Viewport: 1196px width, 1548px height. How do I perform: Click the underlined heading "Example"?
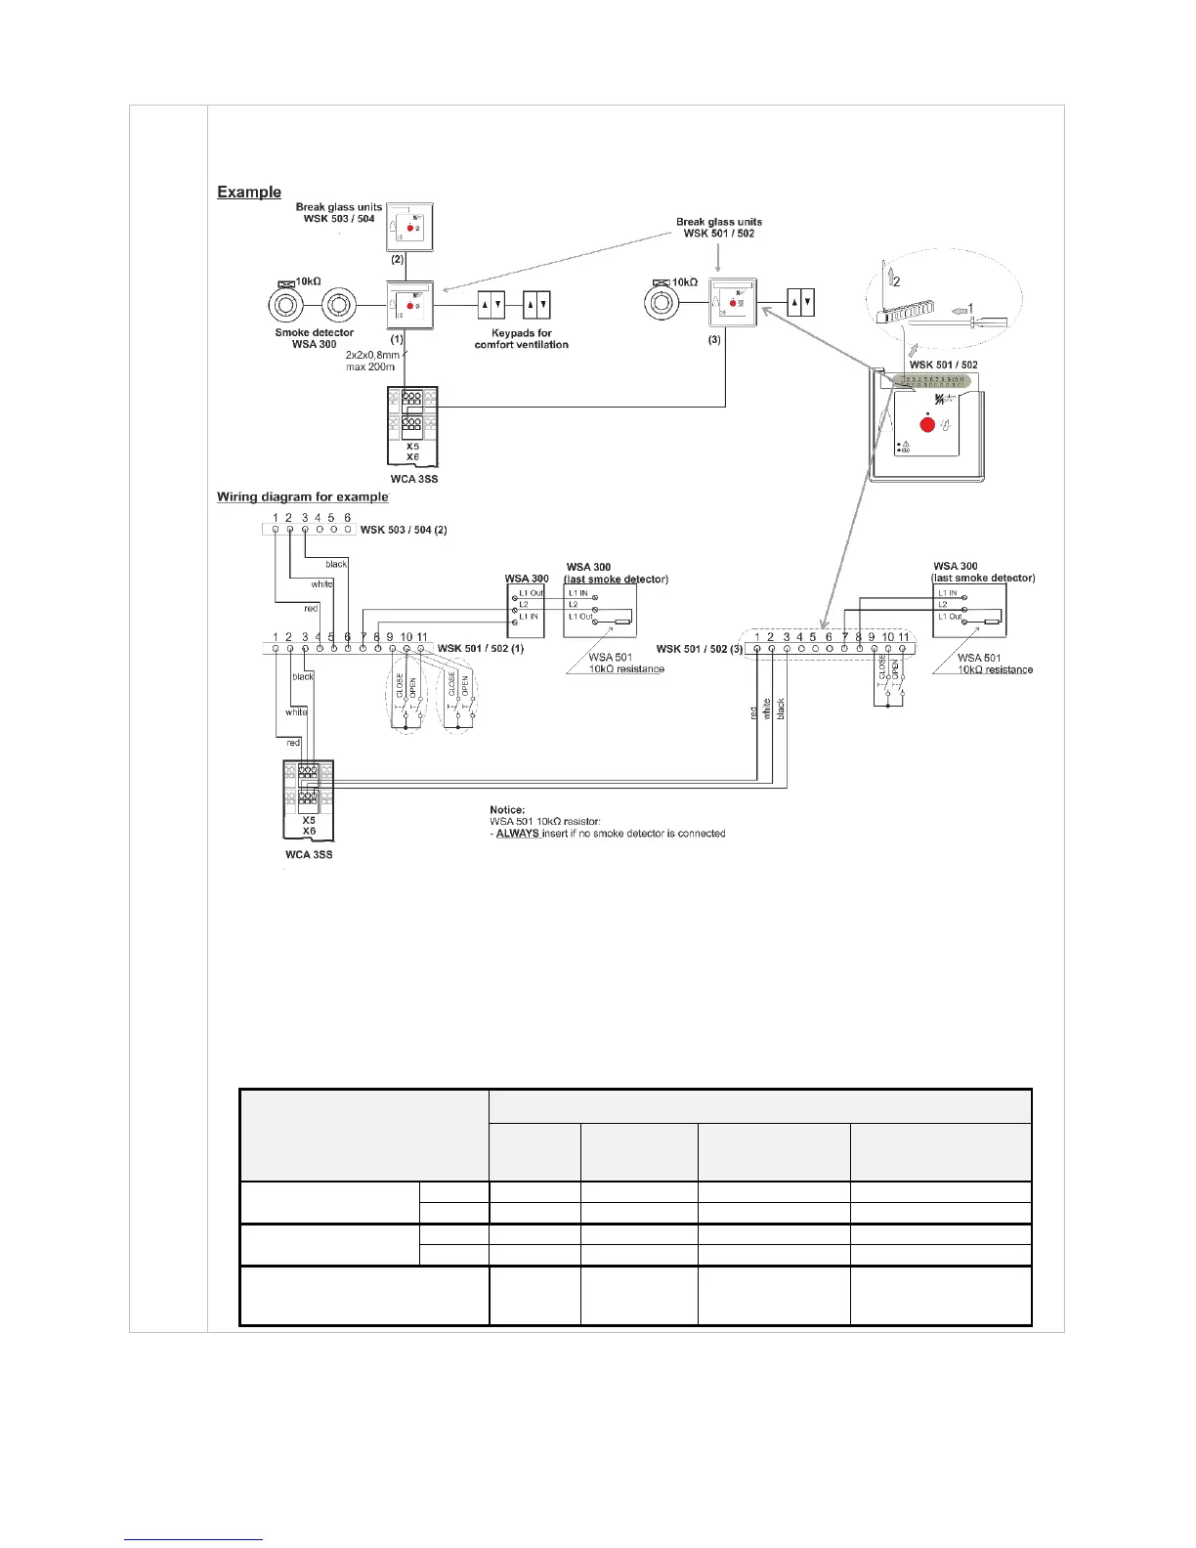point(249,193)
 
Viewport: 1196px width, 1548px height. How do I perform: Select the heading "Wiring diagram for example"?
point(302,497)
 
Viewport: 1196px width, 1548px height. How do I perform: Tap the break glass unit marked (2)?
point(409,227)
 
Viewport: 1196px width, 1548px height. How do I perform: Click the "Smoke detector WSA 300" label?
point(314,338)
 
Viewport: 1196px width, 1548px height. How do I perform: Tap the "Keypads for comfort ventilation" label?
point(521,338)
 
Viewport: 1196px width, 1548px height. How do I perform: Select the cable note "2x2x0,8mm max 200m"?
point(370,361)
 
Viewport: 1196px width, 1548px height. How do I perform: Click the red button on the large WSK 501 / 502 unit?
point(925,425)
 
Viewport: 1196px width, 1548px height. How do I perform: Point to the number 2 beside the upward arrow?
point(896,280)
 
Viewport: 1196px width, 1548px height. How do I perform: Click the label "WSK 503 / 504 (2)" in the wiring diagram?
point(404,530)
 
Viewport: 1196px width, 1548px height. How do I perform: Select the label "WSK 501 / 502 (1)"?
point(481,649)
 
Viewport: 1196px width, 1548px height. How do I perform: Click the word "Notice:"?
point(507,810)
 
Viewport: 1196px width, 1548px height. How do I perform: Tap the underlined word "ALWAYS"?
point(518,834)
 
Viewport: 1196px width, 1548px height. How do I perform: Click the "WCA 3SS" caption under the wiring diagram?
point(309,854)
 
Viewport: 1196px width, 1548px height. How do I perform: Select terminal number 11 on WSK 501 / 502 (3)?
point(904,638)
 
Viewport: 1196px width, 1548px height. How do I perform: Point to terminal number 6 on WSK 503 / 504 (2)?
point(347,519)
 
